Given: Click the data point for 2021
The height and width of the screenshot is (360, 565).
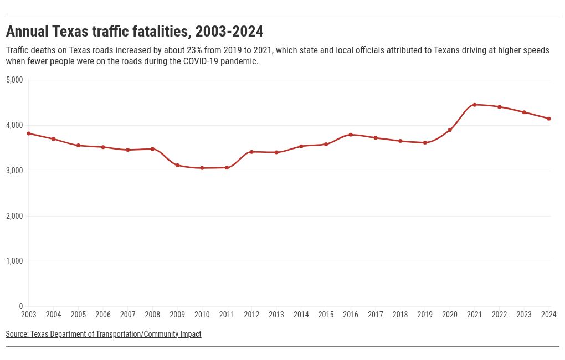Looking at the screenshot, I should [475, 105].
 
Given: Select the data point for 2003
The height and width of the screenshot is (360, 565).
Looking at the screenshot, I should [29, 133].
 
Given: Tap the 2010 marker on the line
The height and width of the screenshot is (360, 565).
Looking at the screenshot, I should [202, 168].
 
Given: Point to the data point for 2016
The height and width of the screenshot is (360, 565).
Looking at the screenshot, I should [351, 135].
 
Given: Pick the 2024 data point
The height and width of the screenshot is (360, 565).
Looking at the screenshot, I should [549, 119].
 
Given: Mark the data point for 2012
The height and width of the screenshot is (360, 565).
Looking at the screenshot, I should [251, 152].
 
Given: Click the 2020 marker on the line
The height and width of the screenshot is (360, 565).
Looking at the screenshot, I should [450, 130].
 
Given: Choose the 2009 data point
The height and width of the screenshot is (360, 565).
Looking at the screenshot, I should [177, 165].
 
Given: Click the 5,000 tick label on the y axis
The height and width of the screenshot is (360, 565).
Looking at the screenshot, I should [14, 80].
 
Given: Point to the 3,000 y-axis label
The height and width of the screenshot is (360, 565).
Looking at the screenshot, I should [14, 171].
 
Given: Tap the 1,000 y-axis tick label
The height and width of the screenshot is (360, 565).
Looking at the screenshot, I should [14, 261].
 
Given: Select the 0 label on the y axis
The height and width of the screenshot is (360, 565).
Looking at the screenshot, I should [21, 306].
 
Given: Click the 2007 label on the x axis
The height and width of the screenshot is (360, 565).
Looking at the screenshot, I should [128, 315].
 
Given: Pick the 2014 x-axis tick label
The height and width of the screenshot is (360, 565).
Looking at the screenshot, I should [301, 315].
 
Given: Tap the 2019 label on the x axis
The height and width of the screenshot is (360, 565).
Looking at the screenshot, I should [425, 315].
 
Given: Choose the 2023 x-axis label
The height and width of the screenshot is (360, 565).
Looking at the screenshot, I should [524, 315].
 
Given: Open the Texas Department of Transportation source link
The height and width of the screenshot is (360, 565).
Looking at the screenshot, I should [104, 334].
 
